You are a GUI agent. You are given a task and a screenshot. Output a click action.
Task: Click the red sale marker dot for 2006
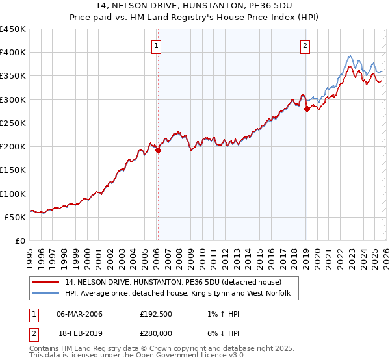tap(158, 150)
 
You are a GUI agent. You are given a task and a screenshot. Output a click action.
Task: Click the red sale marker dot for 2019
tap(306, 109)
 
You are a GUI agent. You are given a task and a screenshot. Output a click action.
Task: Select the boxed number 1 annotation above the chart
tap(157, 45)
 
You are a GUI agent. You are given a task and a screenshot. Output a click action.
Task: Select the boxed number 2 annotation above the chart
tap(305, 45)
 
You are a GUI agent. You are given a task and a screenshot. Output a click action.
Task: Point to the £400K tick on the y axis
tap(13, 53)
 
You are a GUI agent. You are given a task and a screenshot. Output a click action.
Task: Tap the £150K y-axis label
tap(13, 170)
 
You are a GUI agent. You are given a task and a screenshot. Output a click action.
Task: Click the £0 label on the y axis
tap(21, 240)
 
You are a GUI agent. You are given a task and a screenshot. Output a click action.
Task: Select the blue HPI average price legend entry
tap(181, 294)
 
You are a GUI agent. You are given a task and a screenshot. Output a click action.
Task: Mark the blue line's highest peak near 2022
tap(350, 56)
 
